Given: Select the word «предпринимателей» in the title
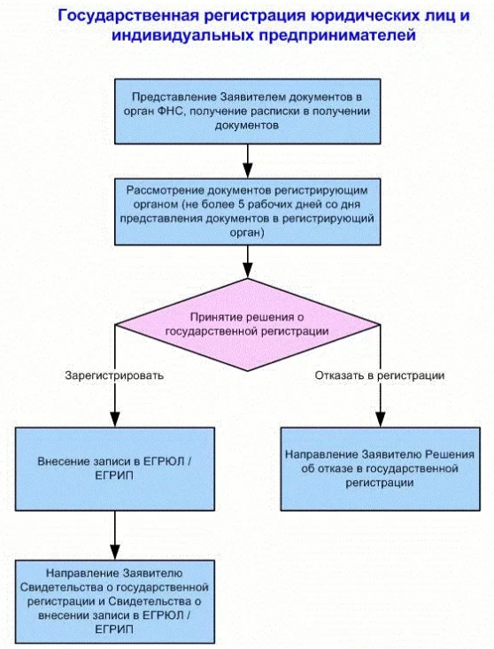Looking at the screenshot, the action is pos(337,35).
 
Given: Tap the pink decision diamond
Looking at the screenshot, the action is pos(247,324).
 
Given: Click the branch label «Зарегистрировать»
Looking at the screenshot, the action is pos(114,375).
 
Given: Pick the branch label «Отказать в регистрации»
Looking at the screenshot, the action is pos(380,375).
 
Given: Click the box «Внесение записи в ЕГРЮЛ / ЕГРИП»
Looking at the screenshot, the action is pos(115,468).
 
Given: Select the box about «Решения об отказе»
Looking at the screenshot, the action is pos(380,468).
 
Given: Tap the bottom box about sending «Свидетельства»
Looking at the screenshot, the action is pos(115,601).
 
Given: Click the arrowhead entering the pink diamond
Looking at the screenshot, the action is pos(247,271).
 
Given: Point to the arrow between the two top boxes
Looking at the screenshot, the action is pos(247,161).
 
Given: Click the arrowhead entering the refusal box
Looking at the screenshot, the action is pos(380,420).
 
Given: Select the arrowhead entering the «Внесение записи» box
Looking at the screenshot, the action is pos(115,420).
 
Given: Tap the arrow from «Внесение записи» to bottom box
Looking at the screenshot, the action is pos(115,535).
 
